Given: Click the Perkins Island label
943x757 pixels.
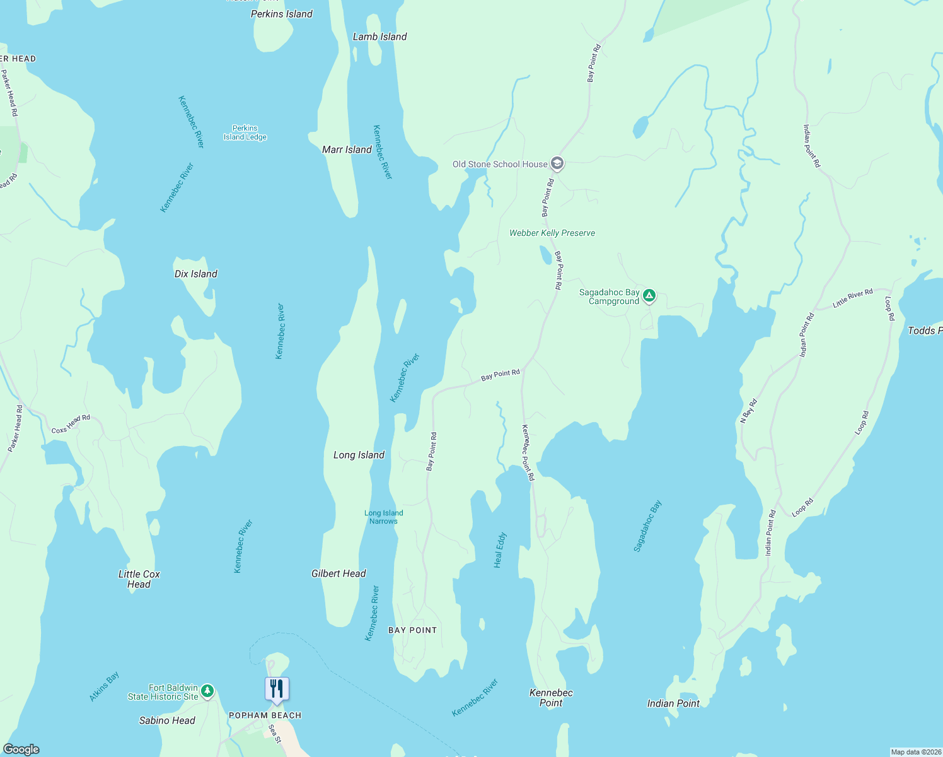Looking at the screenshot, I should coord(281,14).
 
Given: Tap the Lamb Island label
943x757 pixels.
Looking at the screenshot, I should coord(379,37).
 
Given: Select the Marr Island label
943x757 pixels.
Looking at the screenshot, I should coord(347,150).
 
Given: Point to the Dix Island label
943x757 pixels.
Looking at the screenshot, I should coord(195,274).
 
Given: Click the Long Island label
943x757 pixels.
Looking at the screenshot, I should coord(359,455).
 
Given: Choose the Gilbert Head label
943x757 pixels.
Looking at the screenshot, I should coord(338,573).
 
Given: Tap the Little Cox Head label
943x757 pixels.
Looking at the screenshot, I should coord(139,579).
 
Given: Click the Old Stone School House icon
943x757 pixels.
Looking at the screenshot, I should coord(557,164).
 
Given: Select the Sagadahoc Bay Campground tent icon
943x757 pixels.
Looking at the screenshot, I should coord(649,295).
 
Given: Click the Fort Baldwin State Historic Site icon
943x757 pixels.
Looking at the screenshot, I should coord(207,691).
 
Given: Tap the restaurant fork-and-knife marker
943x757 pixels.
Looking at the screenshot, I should coord(277,688).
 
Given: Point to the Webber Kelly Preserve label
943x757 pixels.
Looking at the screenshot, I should coord(552,233).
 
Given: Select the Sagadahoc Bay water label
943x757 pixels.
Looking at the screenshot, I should coord(647,526).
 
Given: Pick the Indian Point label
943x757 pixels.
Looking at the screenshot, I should coord(673,703).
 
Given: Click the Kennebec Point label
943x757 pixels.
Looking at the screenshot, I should coord(551,698).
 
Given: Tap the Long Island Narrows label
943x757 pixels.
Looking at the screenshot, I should coord(383,517).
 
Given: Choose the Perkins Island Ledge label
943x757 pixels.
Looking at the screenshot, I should coord(245,132).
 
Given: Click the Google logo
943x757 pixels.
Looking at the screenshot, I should coord(21,749).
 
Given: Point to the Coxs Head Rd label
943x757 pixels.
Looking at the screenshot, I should coord(71,424).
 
